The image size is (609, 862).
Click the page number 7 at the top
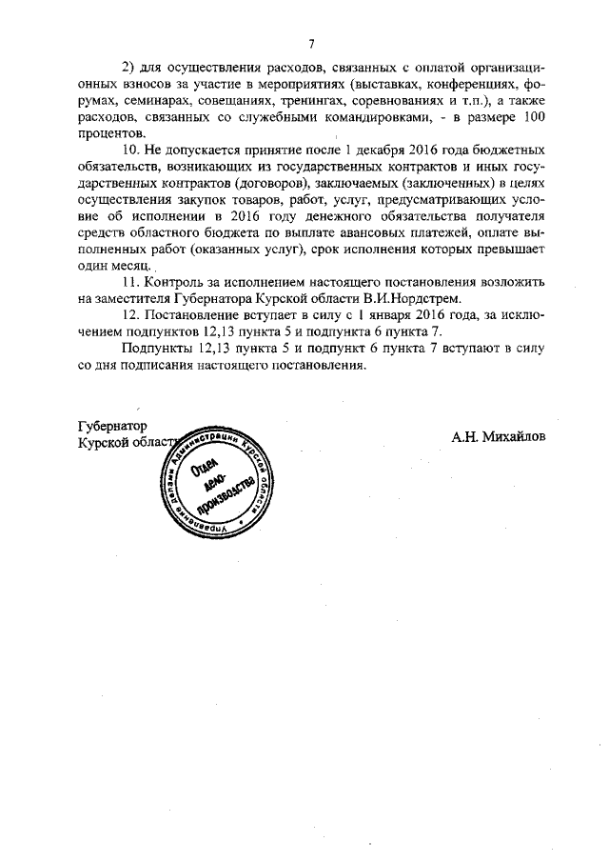[311, 43]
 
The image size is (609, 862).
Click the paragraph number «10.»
[131, 150]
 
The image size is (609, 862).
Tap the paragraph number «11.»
[131, 283]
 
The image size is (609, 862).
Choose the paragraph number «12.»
[131, 315]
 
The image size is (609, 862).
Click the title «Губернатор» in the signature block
[112, 426]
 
